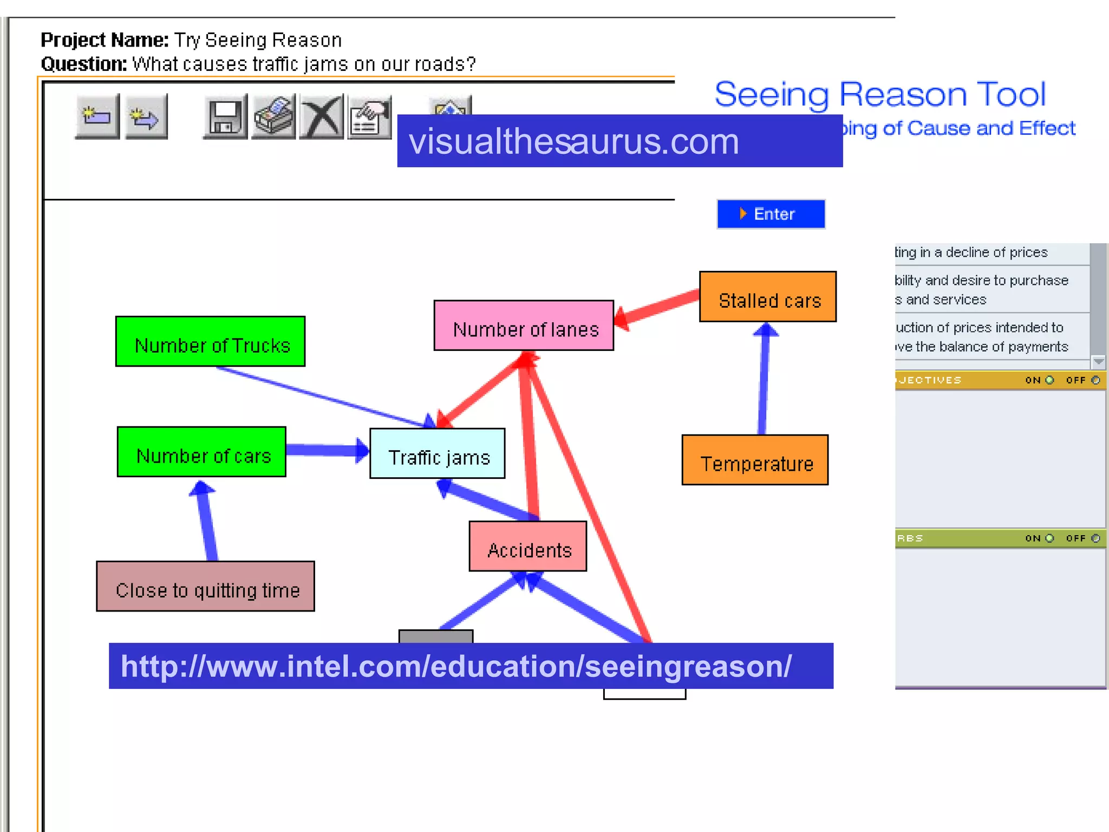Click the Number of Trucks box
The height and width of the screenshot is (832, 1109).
pyautogui.click(x=210, y=341)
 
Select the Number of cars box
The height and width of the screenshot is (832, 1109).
pyautogui.click(x=201, y=452)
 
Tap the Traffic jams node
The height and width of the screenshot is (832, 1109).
pyautogui.click(x=437, y=454)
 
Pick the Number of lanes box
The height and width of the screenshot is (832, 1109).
pyautogui.click(x=524, y=326)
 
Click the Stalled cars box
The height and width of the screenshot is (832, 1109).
pyautogui.click(x=767, y=297)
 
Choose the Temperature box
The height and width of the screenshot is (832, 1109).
pyautogui.click(x=755, y=460)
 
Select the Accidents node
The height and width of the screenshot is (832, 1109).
pyautogui.click(x=527, y=546)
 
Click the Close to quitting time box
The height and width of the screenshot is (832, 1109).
pyautogui.click(x=205, y=587)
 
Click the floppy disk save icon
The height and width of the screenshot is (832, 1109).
pyautogui.click(x=225, y=116)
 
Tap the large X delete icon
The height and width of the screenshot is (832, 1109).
pyautogui.click(x=322, y=116)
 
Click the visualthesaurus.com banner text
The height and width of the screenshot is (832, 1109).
pyautogui.click(x=573, y=141)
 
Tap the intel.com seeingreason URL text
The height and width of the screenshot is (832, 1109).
pyautogui.click(x=456, y=666)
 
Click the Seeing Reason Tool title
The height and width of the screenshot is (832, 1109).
pyautogui.click(x=880, y=94)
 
